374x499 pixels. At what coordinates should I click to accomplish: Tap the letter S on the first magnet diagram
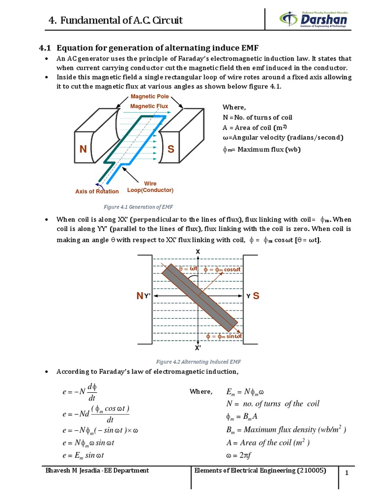pos(171,150)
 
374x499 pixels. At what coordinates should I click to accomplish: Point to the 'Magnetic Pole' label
pos(150,97)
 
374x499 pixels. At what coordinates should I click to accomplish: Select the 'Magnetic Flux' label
pos(149,106)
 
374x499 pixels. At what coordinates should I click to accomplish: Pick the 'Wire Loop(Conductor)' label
pos(150,187)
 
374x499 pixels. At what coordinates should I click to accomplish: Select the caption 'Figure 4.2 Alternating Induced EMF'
pos(198,362)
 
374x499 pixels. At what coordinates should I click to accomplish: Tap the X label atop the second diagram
pos(198,251)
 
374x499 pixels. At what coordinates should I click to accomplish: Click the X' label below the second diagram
pos(198,348)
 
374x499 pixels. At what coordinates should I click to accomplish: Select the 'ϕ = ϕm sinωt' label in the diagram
pos(224,336)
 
